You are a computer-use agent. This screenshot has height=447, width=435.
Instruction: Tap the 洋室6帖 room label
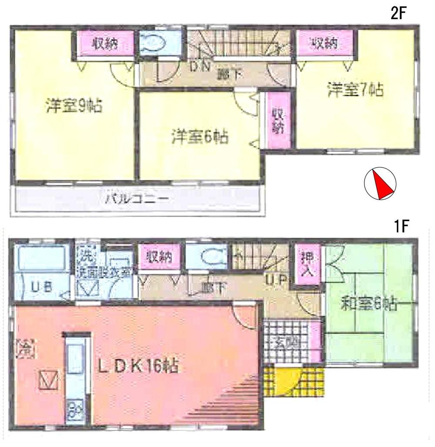200,137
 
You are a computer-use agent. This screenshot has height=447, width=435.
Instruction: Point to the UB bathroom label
43,286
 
